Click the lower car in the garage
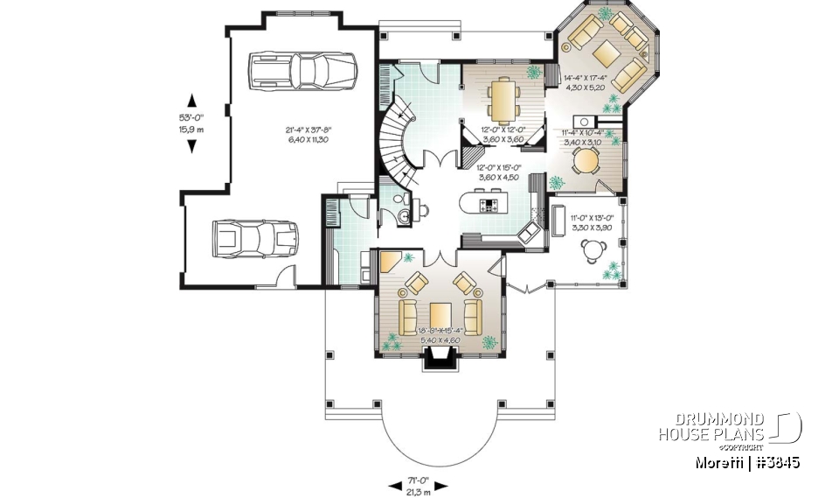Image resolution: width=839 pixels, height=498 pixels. click(x=254, y=239)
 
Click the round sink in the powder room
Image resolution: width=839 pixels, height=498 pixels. click(x=418, y=208)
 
